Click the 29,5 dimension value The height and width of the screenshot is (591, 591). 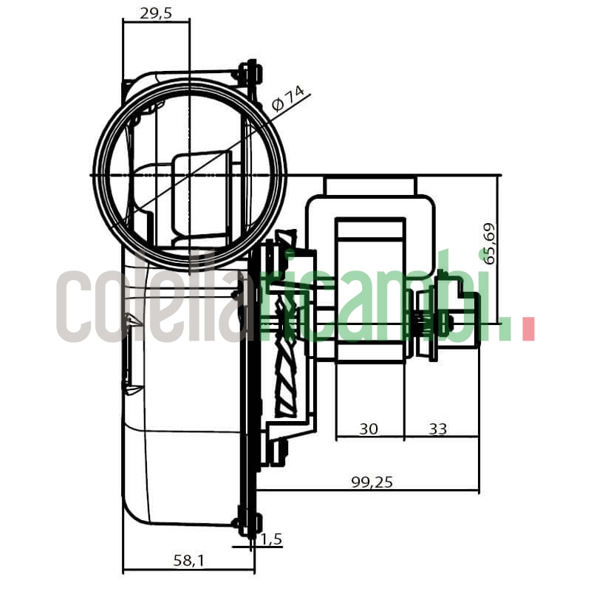tap(156, 13)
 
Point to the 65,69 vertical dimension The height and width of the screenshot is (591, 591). tap(489, 243)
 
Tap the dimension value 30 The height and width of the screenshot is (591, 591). tap(369, 429)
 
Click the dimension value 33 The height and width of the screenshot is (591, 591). tap(437, 429)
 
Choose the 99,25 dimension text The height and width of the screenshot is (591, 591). tap(372, 482)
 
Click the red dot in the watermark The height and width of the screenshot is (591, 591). tap(527, 329)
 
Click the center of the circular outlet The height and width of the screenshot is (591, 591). tap(190, 175)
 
